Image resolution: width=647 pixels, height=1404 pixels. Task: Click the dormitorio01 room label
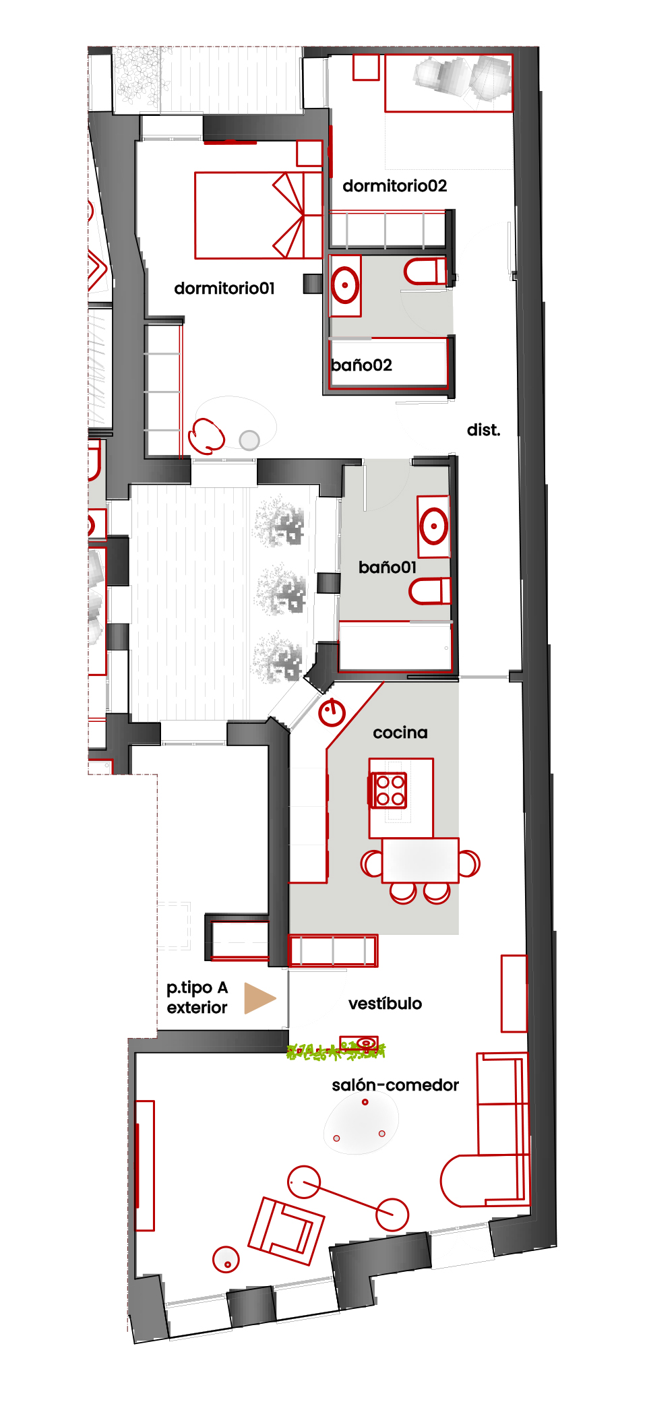coord(224,288)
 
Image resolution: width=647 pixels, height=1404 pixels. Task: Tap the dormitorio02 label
coord(395,186)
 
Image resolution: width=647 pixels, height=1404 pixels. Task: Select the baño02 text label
coord(362,365)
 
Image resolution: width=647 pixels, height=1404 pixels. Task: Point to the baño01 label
coord(388,568)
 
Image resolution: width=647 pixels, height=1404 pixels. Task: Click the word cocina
coord(400,733)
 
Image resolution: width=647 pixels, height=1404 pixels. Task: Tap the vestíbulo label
coord(386,1004)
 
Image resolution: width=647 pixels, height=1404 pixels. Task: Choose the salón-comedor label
coord(395,1085)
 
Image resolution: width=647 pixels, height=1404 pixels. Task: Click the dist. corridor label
coord(484,430)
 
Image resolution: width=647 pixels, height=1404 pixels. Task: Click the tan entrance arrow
coord(259,998)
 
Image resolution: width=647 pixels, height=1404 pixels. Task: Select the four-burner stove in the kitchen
coord(388,790)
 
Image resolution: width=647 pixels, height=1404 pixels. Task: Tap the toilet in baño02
coord(425,272)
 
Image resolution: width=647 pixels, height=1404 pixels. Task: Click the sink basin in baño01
coord(433,526)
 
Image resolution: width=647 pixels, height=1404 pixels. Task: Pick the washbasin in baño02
coord(345,285)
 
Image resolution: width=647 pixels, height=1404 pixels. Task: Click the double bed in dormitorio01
coord(259,216)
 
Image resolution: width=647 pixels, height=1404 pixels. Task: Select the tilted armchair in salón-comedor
coord(286,1231)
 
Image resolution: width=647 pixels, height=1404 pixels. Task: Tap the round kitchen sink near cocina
coord(332,712)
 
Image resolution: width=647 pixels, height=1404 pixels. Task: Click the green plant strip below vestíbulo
coord(336,1051)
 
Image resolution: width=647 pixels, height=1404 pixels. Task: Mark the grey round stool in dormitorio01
coord(249,440)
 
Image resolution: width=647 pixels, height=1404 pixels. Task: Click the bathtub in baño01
coord(395,646)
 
